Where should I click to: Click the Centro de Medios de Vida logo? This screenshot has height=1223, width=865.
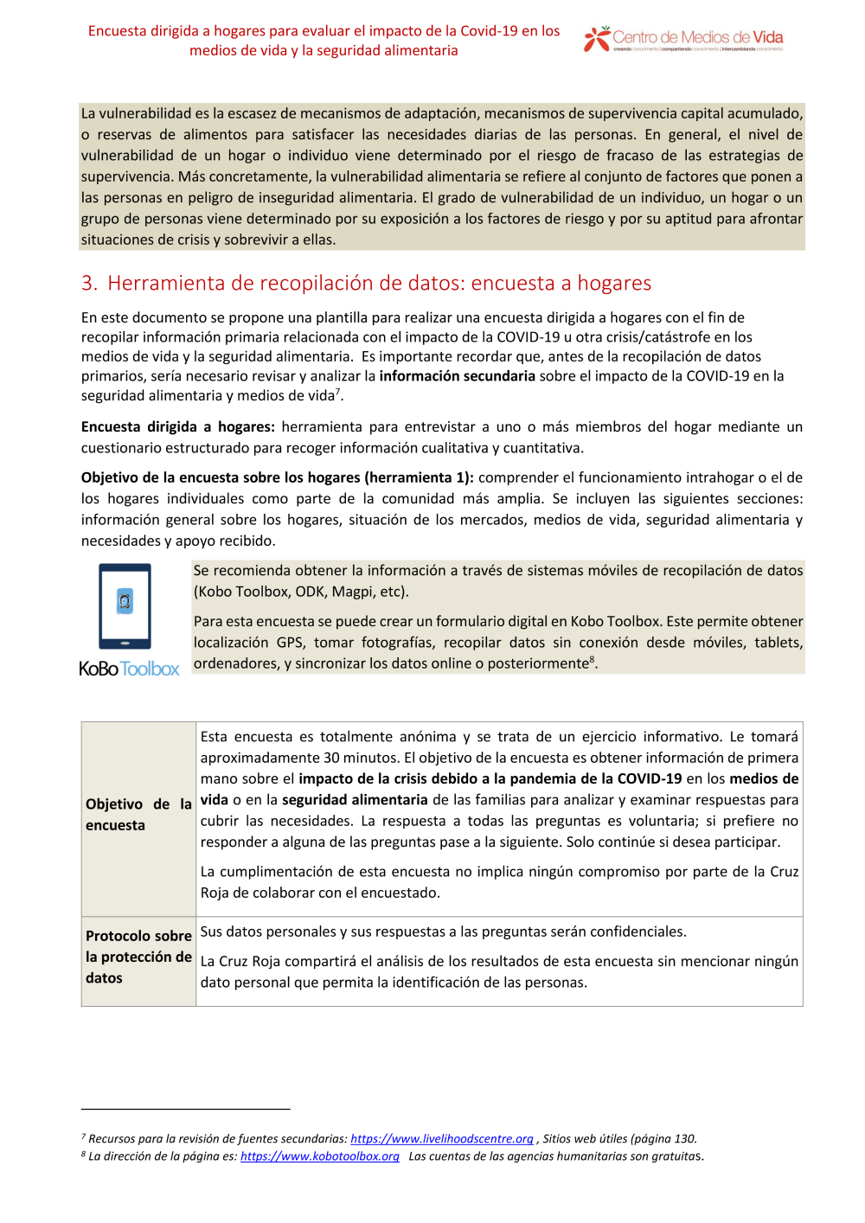pos(682,39)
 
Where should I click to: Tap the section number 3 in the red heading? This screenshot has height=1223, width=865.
pos(87,284)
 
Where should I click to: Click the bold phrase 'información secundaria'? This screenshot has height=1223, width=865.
pos(457,376)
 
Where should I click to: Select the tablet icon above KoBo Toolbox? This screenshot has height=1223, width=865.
pos(125,606)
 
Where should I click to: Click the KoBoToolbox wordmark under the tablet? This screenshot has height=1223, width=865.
pos(129,669)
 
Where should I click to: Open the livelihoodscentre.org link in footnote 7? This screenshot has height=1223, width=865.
pos(441,1139)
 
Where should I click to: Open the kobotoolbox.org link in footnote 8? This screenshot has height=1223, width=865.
pos(319,1156)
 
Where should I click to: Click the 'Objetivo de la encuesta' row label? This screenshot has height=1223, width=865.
pos(138,815)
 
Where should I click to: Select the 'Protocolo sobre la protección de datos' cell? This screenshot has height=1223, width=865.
pos(138,957)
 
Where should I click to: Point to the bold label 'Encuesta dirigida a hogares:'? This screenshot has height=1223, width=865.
pos(177,427)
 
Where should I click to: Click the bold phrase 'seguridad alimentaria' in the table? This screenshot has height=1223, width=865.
pos(355,800)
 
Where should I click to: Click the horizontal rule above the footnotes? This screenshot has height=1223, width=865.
pos(185,1109)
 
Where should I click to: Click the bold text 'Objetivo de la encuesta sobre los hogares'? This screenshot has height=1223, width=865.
pos(221,477)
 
